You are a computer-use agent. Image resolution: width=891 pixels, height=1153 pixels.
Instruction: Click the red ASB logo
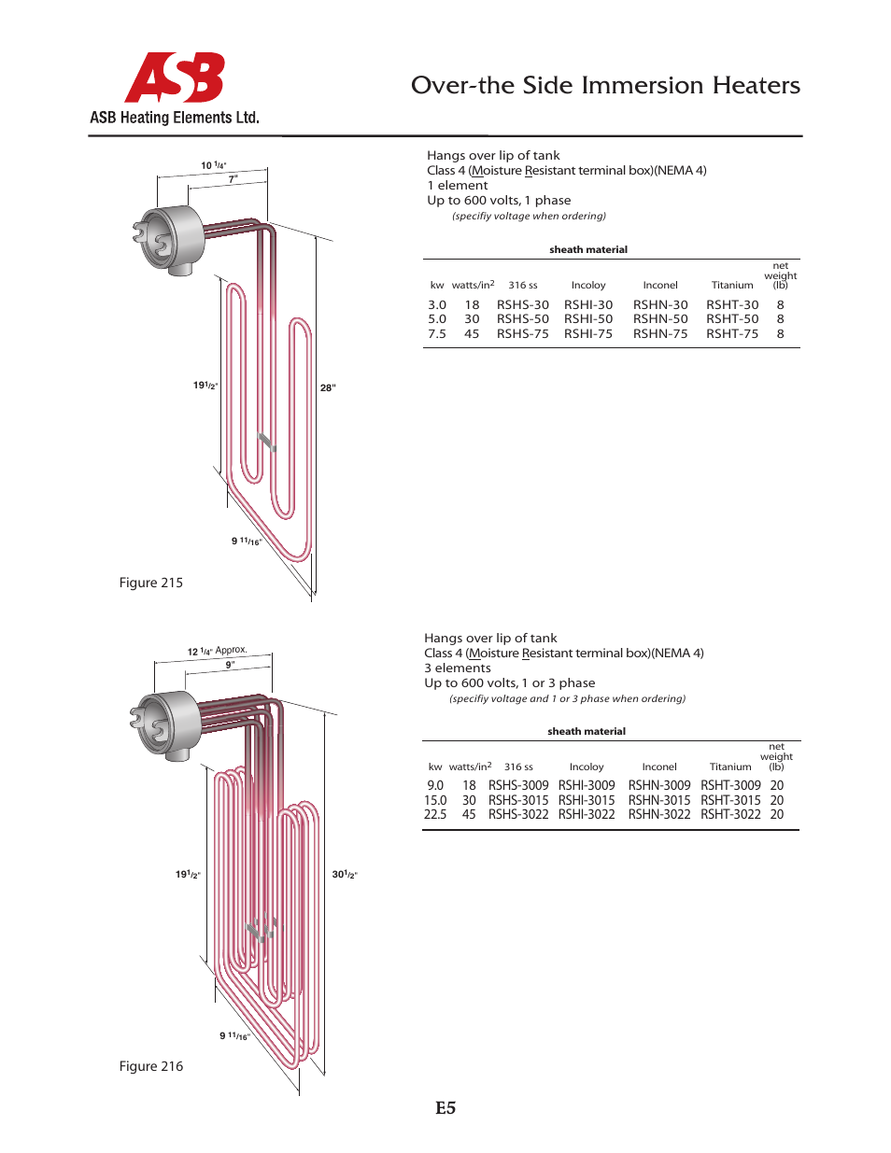pyautogui.click(x=175, y=77)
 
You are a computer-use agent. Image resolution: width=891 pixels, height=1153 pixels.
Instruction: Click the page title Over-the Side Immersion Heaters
pyautogui.click(x=605, y=85)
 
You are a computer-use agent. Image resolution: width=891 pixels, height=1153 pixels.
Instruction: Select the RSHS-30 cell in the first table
pyautogui.click(x=522, y=304)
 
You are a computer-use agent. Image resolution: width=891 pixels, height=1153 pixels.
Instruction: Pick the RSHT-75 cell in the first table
pyautogui.click(x=732, y=333)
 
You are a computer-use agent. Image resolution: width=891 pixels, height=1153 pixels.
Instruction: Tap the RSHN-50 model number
pyautogui.click(x=660, y=319)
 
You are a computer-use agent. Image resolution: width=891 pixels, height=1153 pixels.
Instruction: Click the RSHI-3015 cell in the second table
pyautogui.click(x=587, y=800)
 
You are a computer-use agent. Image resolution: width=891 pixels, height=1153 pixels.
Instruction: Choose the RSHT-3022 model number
pyautogui.click(x=730, y=814)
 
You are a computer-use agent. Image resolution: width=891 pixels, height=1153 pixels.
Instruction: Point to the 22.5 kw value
pyautogui.click(x=435, y=814)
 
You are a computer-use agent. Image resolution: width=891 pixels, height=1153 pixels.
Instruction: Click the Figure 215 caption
pyautogui.click(x=151, y=583)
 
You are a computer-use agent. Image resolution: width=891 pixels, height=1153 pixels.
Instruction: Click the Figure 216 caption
pyautogui.click(x=151, y=1066)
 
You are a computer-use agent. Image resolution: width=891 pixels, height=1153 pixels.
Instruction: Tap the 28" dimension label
pyautogui.click(x=328, y=387)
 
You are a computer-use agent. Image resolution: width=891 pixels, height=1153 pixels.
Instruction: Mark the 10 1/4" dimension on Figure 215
pyautogui.click(x=213, y=165)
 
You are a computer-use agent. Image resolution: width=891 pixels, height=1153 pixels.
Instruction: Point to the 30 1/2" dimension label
pyautogui.click(x=345, y=875)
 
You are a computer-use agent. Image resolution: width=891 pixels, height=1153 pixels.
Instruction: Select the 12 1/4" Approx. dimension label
pyautogui.click(x=217, y=651)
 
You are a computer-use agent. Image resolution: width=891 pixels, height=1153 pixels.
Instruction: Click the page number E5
pyautogui.click(x=445, y=1108)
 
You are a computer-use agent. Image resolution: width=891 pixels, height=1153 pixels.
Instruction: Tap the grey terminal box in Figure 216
pyautogui.click(x=170, y=723)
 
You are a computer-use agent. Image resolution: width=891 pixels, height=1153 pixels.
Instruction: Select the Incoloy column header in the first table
pyautogui.click(x=588, y=286)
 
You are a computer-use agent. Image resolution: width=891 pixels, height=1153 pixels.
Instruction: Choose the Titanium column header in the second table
pyautogui.click(x=730, y=767)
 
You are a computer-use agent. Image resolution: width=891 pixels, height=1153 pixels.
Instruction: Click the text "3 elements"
pyautogui.click(x=458, y=668)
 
